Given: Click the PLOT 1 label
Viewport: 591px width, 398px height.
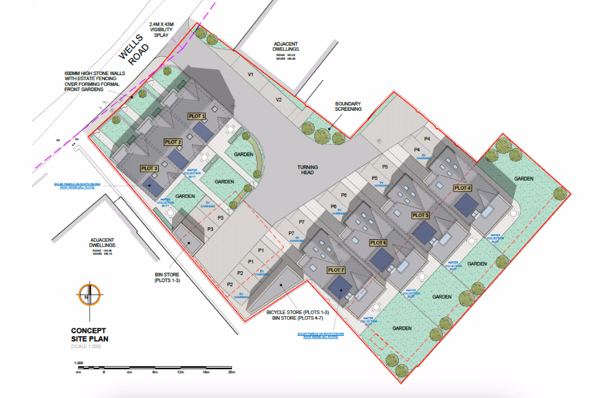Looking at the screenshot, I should coord(197,116).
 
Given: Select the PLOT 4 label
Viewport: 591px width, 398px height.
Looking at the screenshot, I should coord(463,187).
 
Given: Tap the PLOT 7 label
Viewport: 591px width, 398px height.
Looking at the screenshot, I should coord(335,270).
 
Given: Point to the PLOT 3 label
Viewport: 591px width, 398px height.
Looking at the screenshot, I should coord(149,168).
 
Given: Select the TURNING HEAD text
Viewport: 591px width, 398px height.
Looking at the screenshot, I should coord(308,170).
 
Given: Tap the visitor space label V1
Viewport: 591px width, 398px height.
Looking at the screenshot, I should coord(250,76).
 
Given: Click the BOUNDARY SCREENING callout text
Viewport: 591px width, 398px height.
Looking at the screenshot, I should coord(348,106).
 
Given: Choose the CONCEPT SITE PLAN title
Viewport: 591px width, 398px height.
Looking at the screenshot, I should coord(89,335).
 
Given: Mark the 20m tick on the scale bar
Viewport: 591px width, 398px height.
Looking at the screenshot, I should coord(231,373).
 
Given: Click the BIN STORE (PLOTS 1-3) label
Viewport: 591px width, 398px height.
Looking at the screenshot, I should coord(167,277).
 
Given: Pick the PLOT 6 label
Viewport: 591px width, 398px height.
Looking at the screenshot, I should coord(377,242).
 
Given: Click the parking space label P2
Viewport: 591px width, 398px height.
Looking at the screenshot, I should coord(230,284).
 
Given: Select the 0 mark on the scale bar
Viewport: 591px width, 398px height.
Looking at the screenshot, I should coord(104,373).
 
